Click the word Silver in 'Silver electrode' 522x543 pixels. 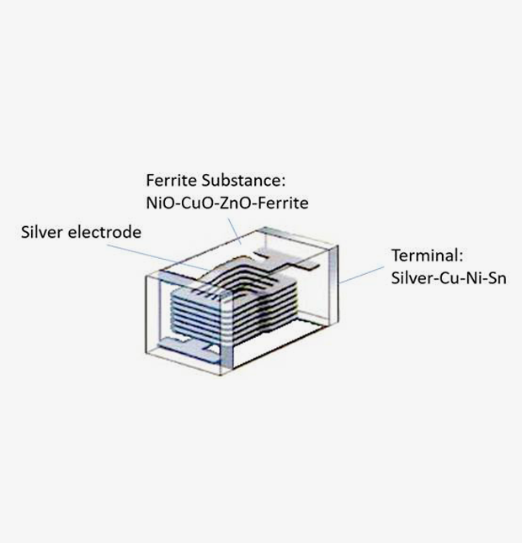click(42, 232)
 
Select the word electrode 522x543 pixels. click(104, 232)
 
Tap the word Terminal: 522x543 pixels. click(428, 256)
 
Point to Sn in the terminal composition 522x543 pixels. click(498, 278)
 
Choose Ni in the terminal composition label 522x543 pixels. click(472, 278)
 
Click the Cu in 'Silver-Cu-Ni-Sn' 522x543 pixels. click(447, 278)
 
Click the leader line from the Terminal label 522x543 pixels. click(361, 275)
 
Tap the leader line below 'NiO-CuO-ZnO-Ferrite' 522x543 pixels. click(235, 231)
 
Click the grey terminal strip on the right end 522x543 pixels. click(333, 283)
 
